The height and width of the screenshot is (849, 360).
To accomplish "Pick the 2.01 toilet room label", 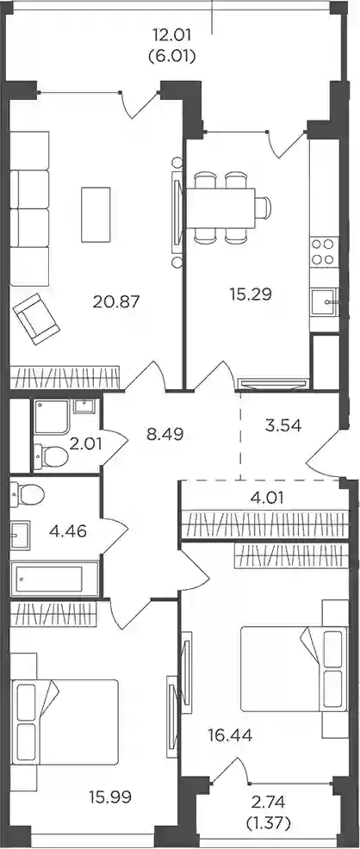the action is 89,446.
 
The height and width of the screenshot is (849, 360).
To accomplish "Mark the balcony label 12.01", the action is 171,36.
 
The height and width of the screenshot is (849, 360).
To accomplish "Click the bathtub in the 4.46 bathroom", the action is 54,579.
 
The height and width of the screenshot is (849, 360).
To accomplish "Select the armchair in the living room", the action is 37,319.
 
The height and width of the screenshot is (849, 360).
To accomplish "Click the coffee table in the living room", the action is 96,214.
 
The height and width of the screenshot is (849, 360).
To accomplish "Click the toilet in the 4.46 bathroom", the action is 31,493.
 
